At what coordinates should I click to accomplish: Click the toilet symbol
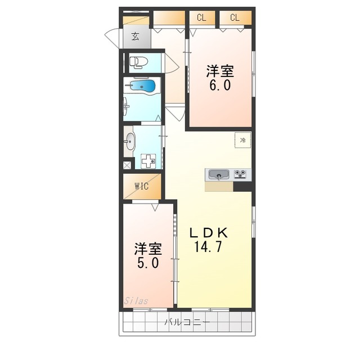139,62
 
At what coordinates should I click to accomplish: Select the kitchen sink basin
219,175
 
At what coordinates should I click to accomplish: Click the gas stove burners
240,174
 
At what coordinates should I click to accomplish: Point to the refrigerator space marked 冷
242,140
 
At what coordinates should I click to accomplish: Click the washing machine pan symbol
148,161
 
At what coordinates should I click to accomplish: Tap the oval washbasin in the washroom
130,141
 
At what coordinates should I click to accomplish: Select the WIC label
142,186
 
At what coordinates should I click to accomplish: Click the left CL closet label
201,17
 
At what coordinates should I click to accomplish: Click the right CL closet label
235,17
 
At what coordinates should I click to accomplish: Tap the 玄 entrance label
136,36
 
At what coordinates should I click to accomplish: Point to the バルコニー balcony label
187,322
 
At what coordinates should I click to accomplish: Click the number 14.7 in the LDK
208,247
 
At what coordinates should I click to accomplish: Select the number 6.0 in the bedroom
220,85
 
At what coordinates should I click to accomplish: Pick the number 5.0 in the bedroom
148,263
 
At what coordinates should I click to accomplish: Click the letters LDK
209,233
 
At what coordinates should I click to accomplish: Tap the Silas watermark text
136,301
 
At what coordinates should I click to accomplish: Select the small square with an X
127,165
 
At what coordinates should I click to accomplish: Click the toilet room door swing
172,63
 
